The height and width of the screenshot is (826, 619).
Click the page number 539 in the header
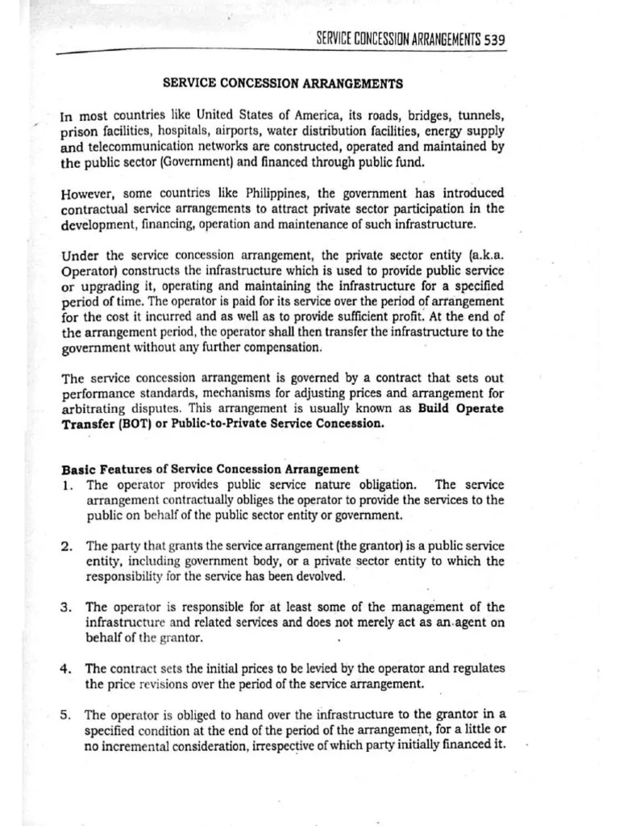(493, 39)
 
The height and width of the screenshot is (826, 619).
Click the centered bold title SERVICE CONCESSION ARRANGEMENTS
(283, 83)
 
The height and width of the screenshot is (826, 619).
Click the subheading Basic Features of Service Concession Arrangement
(210, 469)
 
